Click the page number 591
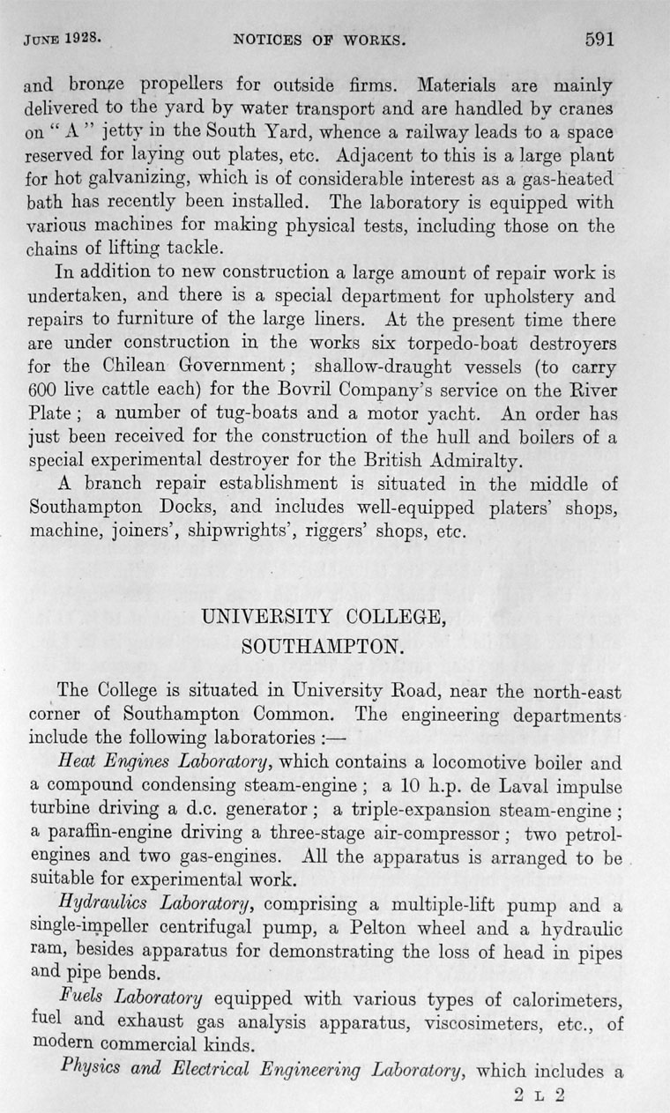[598, 38]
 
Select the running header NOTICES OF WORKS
[318, 40]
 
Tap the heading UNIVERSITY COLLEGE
[323, 617]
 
